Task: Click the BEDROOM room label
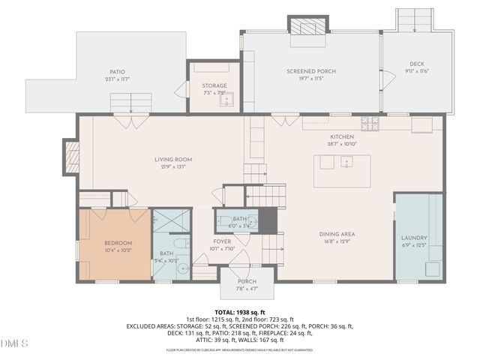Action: click(118, 243)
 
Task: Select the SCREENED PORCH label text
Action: click(310, 71)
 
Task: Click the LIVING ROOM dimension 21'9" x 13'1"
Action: click(174, 167)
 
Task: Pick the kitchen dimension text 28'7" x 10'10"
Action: click(341, 143)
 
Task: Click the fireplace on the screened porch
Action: click(308, 27)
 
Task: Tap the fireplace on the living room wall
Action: click(72, 157)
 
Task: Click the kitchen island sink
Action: click(345, 162)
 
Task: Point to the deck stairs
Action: click(415, 20)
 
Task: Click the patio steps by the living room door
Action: click(131, 102)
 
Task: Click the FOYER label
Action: click(223, 241)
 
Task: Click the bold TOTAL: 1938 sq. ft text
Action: click(240, 311)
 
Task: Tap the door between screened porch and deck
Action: click(385, 77)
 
